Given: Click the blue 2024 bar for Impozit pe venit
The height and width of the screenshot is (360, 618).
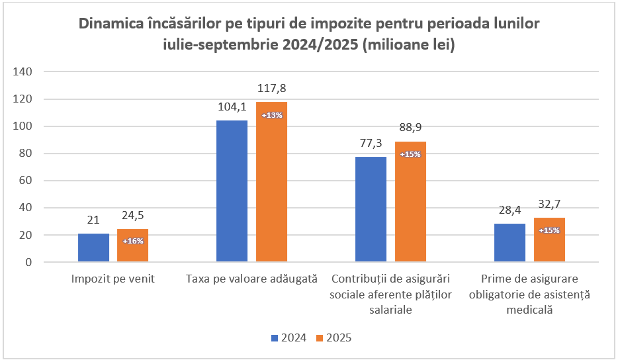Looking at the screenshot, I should (93, 247).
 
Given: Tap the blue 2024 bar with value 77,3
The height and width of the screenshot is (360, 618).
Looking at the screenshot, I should (371, 209).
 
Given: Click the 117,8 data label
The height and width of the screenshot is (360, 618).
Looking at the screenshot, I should (271, 88).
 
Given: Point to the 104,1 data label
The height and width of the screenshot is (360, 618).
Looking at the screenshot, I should (232, 107).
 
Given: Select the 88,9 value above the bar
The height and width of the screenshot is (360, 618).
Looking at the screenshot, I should (410, 127).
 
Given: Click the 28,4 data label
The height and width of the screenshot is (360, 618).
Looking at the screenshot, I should (509, 210).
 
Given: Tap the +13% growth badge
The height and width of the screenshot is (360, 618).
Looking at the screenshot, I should (272, 115).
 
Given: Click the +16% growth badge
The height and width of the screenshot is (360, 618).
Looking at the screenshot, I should (133, 241).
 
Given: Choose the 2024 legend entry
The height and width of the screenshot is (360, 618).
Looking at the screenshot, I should (288, 337).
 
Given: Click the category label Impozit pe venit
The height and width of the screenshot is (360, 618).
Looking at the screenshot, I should (112, 279).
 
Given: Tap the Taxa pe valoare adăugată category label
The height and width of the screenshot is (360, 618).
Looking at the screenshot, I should (251, 279).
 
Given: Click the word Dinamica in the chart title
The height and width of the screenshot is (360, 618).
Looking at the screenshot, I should (113, 24).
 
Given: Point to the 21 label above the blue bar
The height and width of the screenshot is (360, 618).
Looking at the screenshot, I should (93, 220).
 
